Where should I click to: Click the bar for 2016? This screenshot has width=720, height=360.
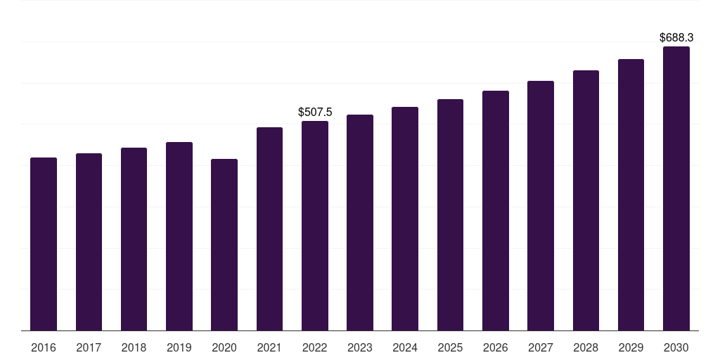click(x=44, y=244)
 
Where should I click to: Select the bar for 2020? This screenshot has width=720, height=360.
click(x=224, y=245)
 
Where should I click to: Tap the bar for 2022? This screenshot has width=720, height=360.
click(x=315, y=226)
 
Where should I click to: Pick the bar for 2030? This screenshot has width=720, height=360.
click(x=676, y=188)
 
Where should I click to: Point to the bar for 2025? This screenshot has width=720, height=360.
click(x=450, y=214)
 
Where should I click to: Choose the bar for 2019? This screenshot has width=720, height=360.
click(x=179, y=236)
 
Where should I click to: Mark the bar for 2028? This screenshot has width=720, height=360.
click(x=586, y=200)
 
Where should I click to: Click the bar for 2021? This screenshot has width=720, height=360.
click(x=269, y=229)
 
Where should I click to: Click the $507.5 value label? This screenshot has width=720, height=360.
click(x=315, y=112)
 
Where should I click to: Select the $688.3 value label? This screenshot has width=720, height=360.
click(x=676, y=38)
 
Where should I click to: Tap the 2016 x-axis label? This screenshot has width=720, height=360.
click(x=44, y=347)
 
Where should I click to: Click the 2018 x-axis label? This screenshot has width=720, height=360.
click(x=134, y=347)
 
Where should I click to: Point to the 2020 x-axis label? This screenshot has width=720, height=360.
click(x=224, y=347)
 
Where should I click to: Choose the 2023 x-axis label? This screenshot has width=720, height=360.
click(x=360, y=347)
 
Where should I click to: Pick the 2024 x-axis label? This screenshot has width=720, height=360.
click(x=405, y=347)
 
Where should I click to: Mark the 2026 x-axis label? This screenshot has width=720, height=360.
click(x=496, y=347)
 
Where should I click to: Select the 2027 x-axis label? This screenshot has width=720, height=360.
click(x=541, y=347)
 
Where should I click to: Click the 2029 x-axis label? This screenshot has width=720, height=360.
click(x=631, y=347)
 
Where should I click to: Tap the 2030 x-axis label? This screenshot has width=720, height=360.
click(x=676, y=347)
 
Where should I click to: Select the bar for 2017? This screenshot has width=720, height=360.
click(x=89, y=242)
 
